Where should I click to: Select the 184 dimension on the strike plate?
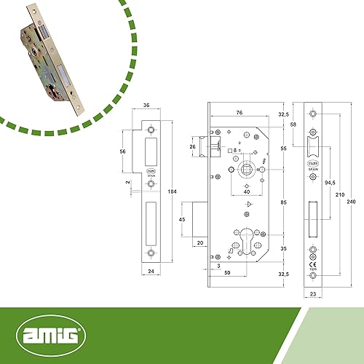(x=173, y=191)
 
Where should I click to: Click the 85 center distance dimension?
(x=282, y=202)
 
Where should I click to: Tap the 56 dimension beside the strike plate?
(x=123, y=151)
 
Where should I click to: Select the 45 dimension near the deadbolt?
(x=182, y=219)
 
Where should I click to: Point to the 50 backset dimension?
(x=229, y=272)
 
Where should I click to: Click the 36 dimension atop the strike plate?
(x=149, y=106)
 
